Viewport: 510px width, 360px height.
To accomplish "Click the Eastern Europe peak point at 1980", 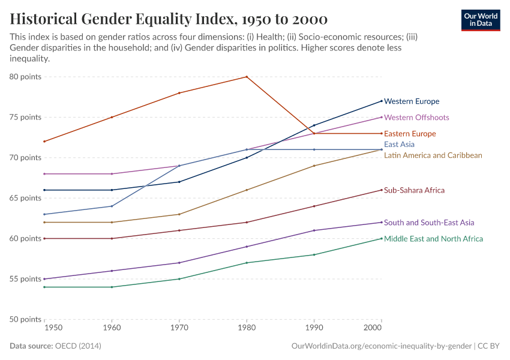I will [x=247, y=77].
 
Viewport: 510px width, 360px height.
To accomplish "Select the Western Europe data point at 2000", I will [x=382, y=101].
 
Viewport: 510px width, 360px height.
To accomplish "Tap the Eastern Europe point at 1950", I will [x=44, y=142].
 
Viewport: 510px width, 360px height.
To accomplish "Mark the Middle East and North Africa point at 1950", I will [x=44, y=287].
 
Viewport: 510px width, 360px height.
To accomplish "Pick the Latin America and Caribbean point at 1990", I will [x=314, y=166].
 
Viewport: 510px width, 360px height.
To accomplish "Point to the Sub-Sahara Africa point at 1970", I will [x=179, y=230].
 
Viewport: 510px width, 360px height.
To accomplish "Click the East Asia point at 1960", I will [x=112, y=206].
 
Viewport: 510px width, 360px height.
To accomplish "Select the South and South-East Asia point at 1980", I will [x=247, y=247].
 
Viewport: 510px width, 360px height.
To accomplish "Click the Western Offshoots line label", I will [x=416, y=118].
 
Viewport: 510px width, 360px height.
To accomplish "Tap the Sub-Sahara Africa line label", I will [x=414, y=190].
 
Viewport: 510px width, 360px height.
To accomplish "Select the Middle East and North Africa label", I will [x=433, y=239].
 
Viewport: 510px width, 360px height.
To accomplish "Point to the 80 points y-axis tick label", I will [x=25, y=77].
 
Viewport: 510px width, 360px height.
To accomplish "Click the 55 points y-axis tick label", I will [x=25, y=279].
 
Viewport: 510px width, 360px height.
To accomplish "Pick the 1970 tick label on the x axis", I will [x=179, y=329].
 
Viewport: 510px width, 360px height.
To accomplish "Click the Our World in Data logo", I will [x=480, y=20].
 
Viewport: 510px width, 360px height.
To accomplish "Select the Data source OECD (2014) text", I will [x=55, y=346].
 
